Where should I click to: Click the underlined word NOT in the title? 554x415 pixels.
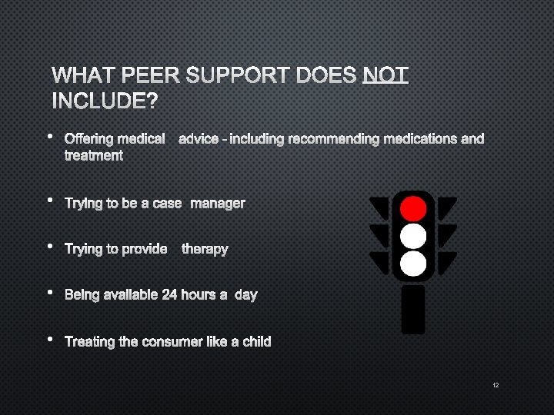click(x=385, y=75)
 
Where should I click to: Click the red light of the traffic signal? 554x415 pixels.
click(x=413, y=207)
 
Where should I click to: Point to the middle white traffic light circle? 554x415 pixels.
click(x=413, y=236)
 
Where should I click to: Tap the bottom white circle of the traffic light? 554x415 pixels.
click(x=413, y=264)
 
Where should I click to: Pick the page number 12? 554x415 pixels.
click(x=496, y=384)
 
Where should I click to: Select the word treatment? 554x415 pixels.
click(x=93, y=155)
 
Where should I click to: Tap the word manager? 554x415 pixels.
click(x=218, y=203)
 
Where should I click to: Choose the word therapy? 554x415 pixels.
click(x=205, y=249)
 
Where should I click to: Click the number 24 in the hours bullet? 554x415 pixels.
click(x=169, y=294)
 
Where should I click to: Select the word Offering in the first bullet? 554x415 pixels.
click(x=88, y=139)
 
